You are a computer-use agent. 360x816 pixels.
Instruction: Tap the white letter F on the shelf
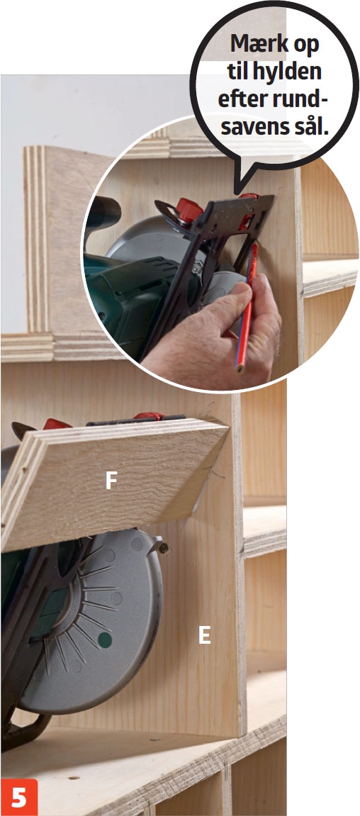point(111,481)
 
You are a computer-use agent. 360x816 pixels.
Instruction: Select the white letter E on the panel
point(205,635)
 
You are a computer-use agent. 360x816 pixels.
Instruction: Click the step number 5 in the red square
point(19,798)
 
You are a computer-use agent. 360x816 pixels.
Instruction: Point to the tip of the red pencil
point(240,371)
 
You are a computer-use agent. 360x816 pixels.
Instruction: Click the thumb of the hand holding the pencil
point(232,298)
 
